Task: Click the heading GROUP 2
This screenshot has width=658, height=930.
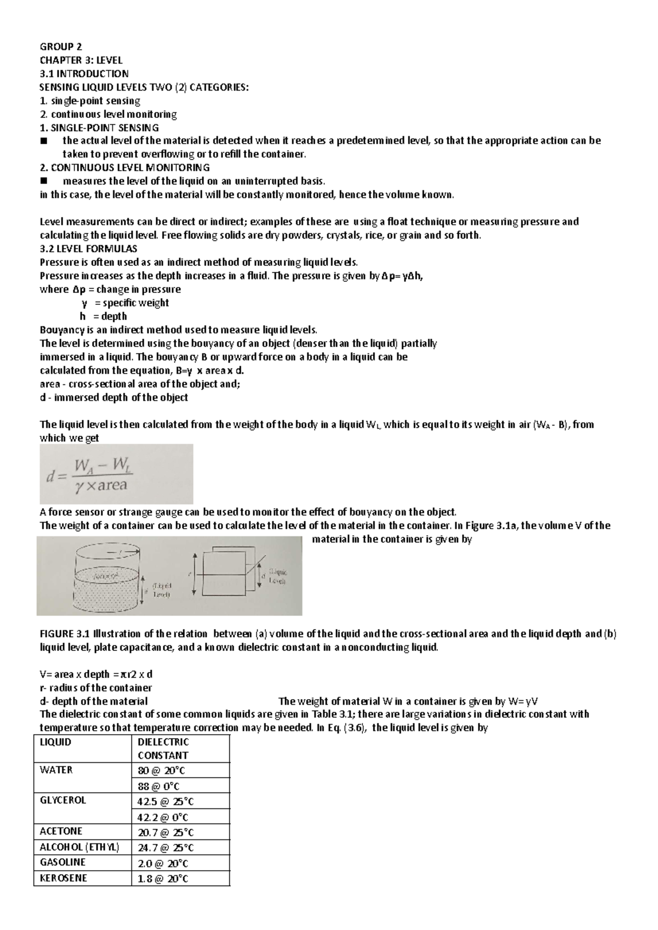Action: (x=60, y=47)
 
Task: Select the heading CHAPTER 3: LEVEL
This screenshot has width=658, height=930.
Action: (x=81, y=60)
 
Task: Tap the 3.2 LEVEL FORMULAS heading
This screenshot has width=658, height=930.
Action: (x=89, y=248)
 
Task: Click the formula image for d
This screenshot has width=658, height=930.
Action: (x=116, y=474)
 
